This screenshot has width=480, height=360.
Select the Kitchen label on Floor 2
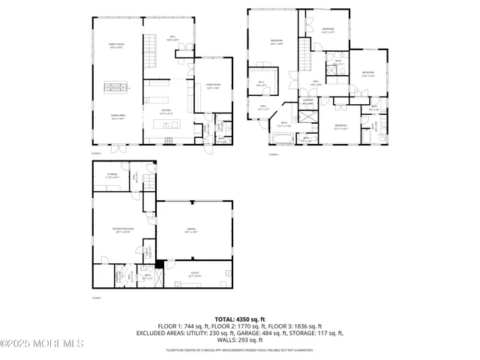[167, 112]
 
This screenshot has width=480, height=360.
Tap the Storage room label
[111, 177]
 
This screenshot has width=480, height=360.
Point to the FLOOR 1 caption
[96, 298]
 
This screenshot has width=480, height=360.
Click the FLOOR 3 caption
[274, 154]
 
